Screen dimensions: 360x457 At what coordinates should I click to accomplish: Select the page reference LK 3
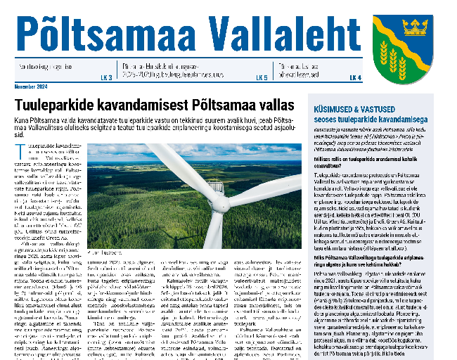106,77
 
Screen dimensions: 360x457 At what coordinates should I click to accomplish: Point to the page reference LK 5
262,77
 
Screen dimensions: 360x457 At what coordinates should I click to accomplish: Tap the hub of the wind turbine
219,204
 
